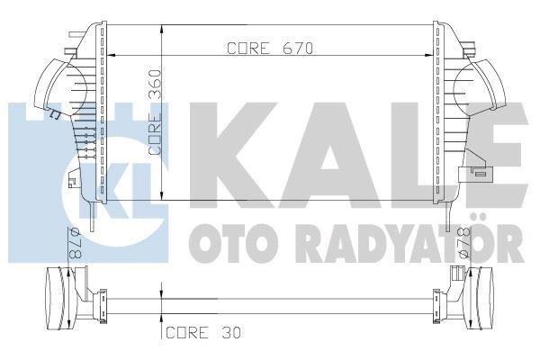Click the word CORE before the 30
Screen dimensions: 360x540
[186, 333]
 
